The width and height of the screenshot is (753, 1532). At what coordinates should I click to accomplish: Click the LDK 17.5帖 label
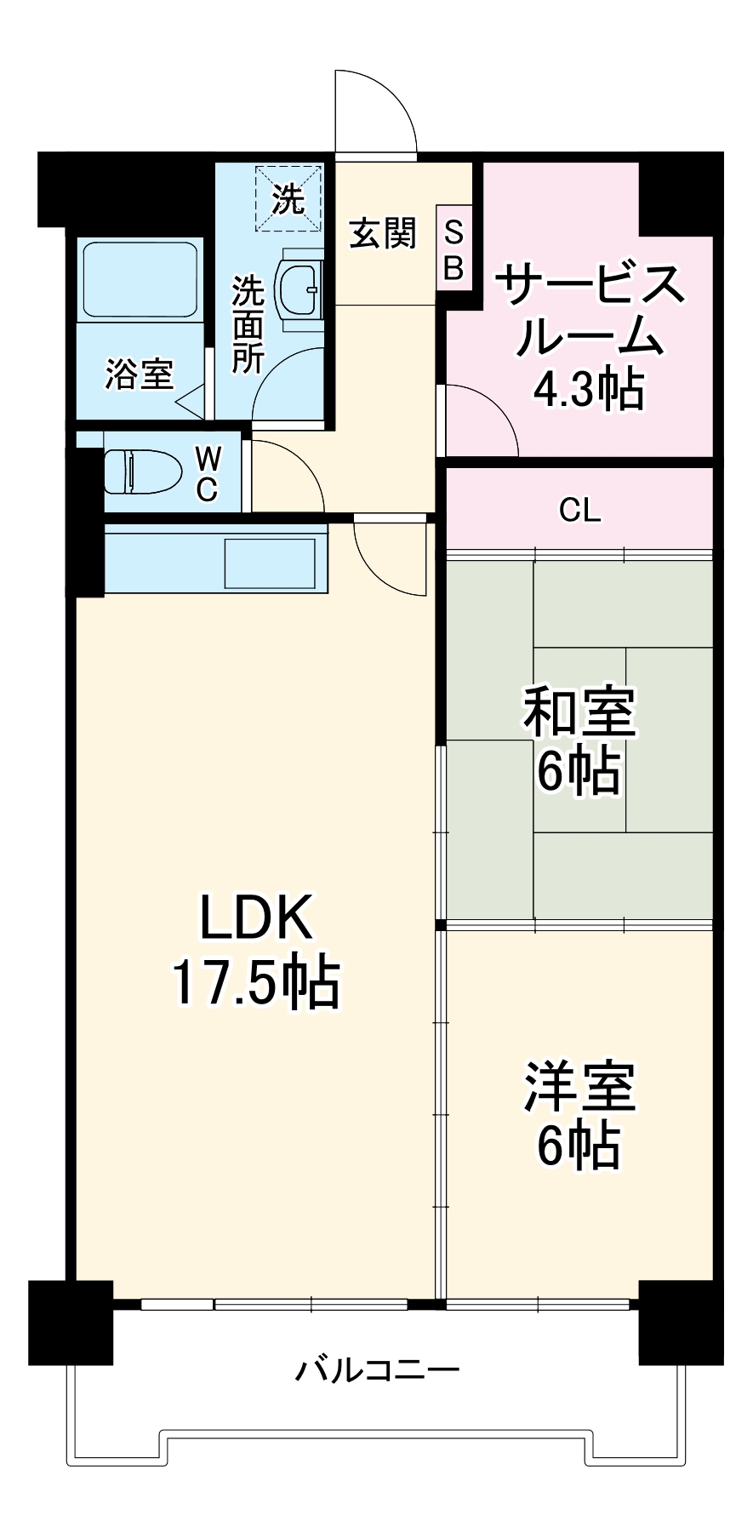click(x=256, y=950)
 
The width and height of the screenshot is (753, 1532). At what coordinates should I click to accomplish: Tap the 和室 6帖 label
click(x=579, y=740)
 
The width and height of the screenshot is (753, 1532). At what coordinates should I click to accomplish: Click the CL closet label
click(x=579, y=511)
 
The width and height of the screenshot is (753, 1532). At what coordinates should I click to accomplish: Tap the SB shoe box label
click(x=454, y=252)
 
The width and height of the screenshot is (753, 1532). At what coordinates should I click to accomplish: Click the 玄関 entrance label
click(x=383, y=233)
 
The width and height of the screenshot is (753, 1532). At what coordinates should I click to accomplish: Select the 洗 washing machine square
click(x=288, y=198)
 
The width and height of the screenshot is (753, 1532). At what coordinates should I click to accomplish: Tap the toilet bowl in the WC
click(x=142, y=471)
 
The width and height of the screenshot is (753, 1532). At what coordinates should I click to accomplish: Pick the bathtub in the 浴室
click(x=139, y=279)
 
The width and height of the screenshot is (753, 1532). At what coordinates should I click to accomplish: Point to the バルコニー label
click(x=378, y=1370)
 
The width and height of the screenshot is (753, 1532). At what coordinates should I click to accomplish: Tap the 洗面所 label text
click(x=248, y=324)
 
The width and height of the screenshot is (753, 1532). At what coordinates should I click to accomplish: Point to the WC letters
click(x=208, y=475)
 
